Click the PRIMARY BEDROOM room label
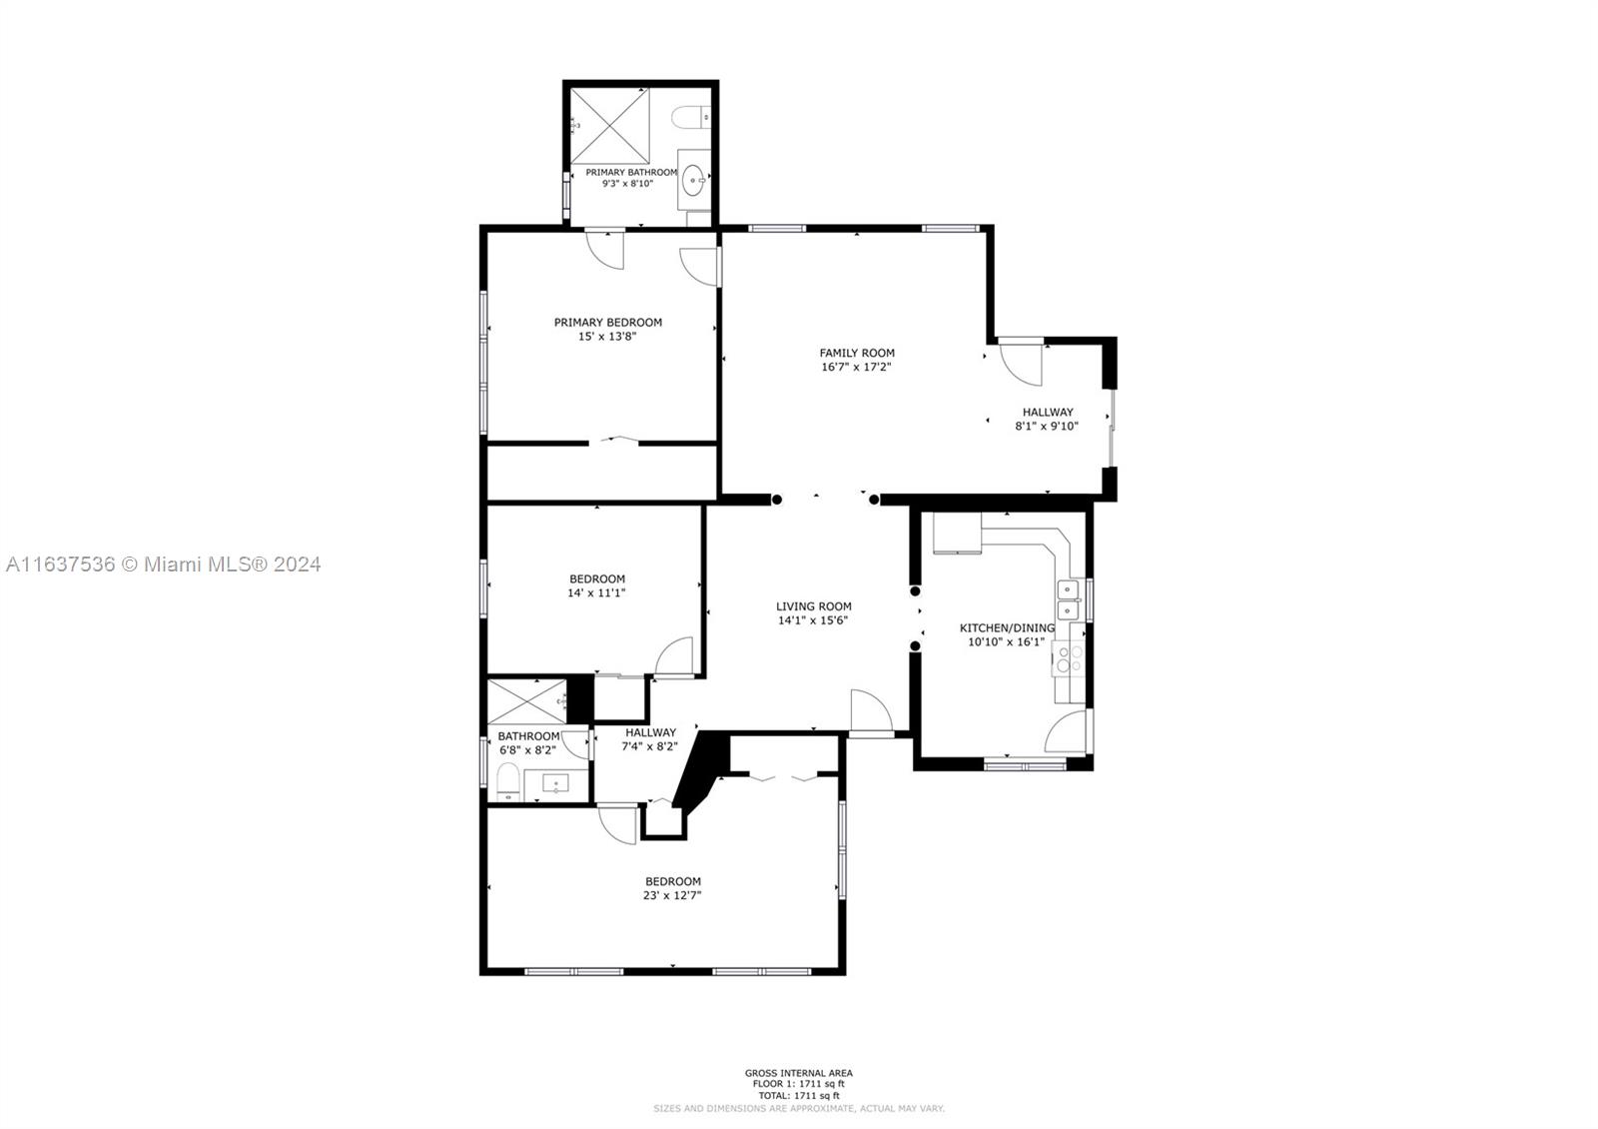[608, 323]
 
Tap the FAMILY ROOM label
[856, 353]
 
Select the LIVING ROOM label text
[813, 606]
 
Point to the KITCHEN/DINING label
[1007, 628]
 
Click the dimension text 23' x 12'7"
[672, 895]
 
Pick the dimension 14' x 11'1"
[596, 592]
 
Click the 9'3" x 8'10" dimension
[627, 184]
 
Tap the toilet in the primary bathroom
[691, 117]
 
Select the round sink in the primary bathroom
[693, 180]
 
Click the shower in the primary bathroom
[610, 126]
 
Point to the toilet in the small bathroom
[507, 782]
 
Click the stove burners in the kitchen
[1069, 658]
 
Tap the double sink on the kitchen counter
[1068, 600]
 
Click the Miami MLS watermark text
[164, 564]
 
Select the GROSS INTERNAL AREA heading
[798, 1073]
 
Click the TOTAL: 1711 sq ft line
[798, 1095]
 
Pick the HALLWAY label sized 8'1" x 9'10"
[1048, 419]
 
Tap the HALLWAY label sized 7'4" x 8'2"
[650, 739]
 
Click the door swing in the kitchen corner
[1066, 730]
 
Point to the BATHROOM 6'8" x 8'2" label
[528, 743]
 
